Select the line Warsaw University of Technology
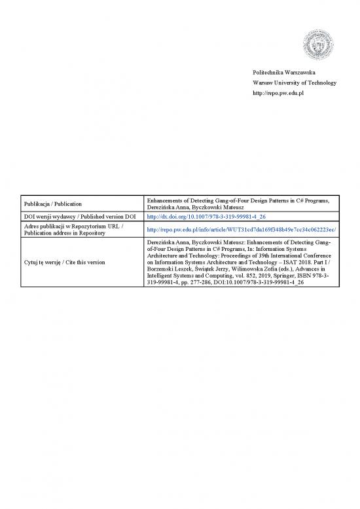(294, 83)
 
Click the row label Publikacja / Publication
(58, 203)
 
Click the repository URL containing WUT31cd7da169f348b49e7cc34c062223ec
(241, 229)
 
